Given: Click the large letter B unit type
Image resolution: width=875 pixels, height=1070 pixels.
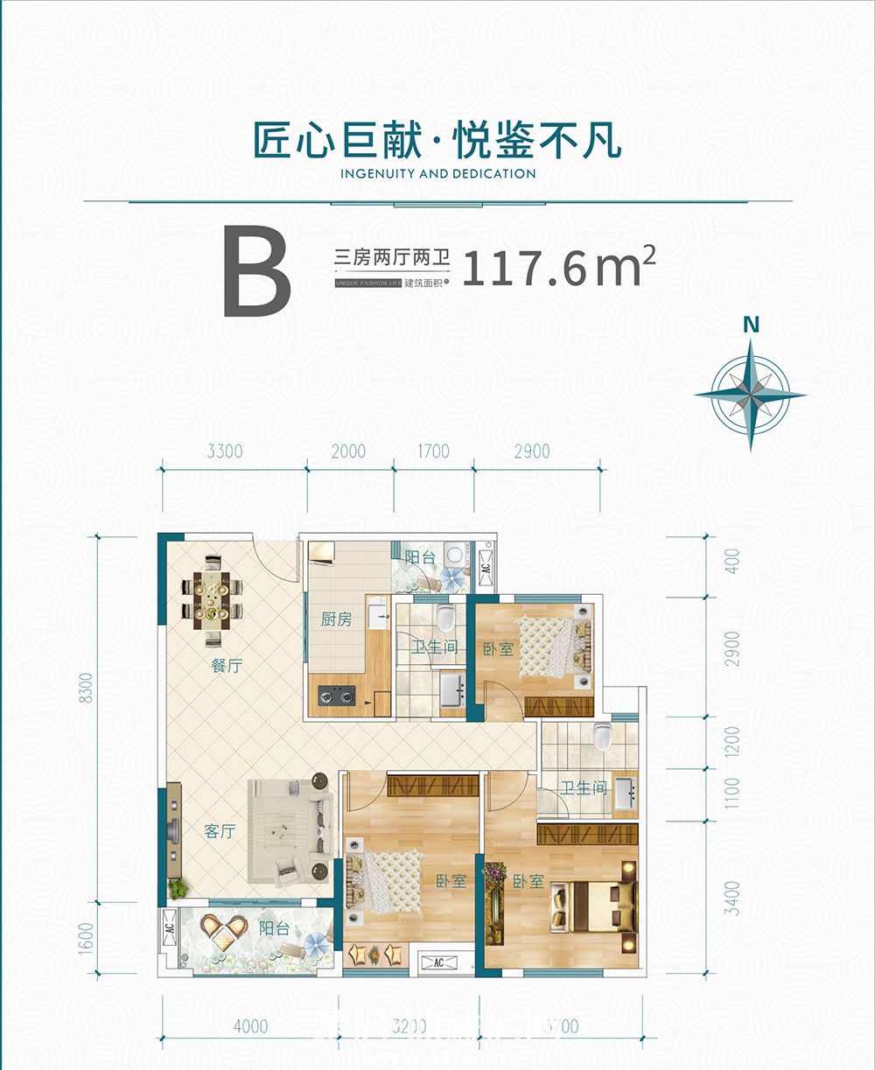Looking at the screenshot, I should pos(256,270).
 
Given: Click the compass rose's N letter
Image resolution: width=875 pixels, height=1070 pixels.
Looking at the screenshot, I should pos(750,324).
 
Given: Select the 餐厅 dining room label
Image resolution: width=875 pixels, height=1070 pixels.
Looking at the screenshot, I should pos(226,666).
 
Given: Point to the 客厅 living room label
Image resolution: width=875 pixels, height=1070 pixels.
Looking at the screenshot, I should pos(220,831).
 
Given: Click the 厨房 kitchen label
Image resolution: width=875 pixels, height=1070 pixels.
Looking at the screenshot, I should pos(336,619).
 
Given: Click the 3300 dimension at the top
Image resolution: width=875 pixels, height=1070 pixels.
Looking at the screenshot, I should pos(225,452).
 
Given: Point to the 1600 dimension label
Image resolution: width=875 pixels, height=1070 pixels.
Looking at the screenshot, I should pos(85,935).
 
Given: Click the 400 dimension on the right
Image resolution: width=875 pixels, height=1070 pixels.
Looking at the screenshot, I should pos(732,560).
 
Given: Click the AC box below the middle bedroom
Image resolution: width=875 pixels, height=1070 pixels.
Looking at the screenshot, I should pos(440,962).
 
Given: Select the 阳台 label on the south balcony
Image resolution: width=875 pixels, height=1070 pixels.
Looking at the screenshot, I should pos(274,929).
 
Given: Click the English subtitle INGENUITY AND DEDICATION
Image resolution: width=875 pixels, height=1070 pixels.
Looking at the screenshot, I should pos(437,173).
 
